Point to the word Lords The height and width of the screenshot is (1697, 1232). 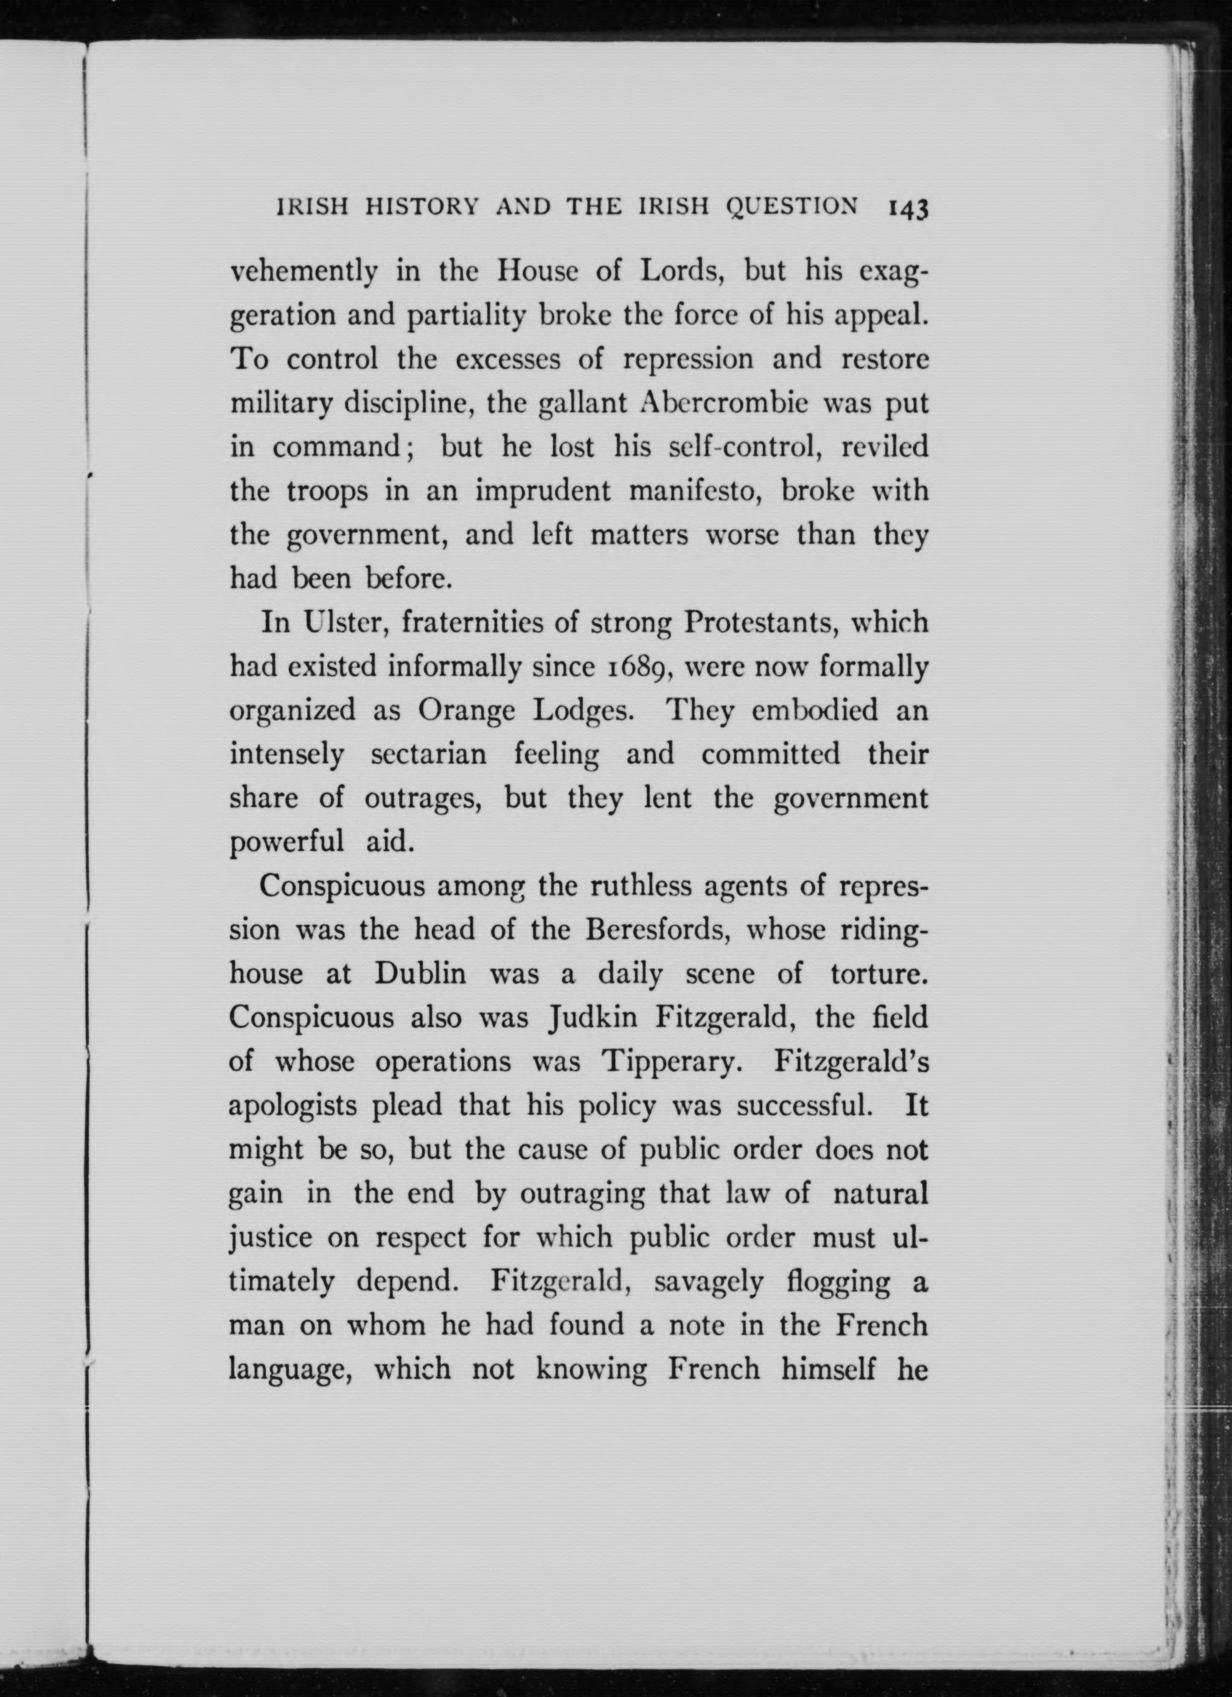[679, 271]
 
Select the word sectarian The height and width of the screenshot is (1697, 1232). [429, 754]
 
